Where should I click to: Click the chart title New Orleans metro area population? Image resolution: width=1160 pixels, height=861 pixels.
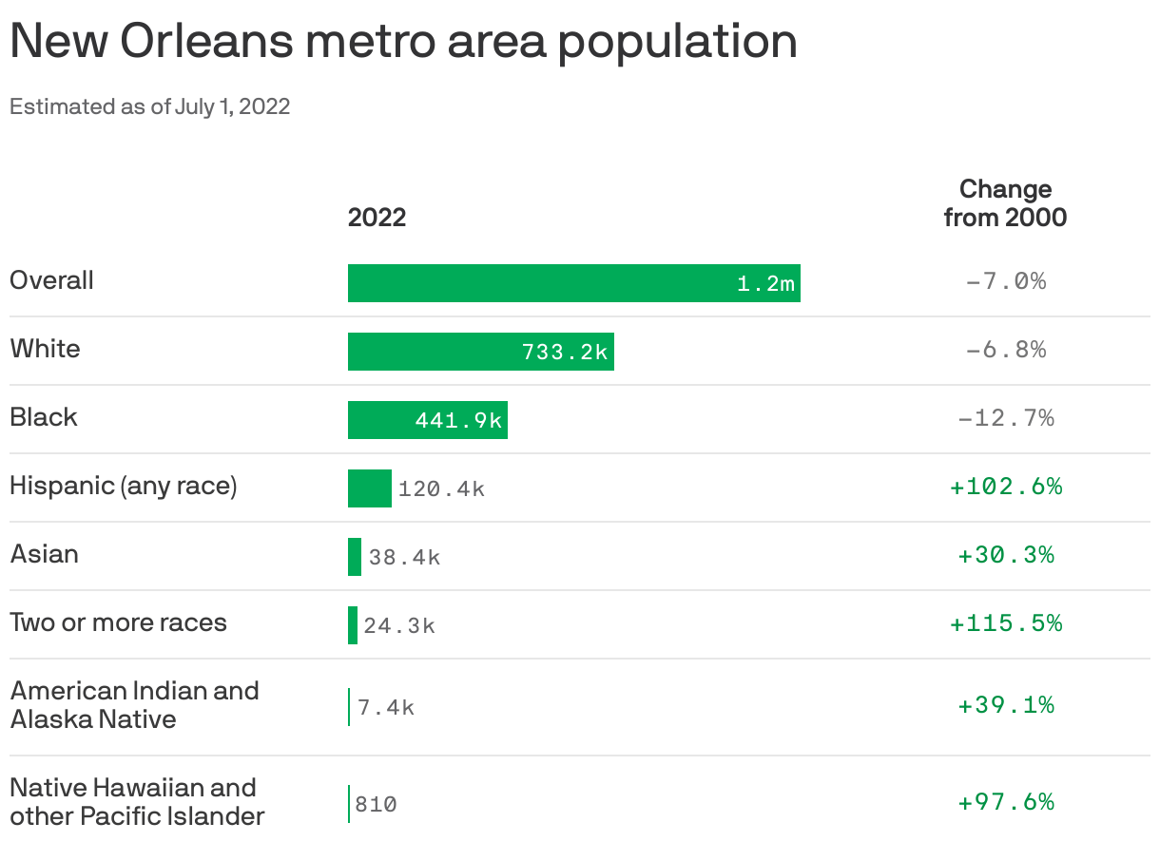(403, 42)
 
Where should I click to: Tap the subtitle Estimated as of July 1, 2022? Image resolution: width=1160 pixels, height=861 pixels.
(149, 106)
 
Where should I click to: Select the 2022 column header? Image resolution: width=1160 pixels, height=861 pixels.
(377, 218)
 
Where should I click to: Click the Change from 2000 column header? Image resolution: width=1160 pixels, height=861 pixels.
(1005, 203)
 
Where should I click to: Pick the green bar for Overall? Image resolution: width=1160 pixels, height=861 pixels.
(573, 283)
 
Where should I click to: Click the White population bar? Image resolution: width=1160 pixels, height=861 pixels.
(480, 352)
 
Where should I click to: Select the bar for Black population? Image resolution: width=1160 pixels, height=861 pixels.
(427, 420)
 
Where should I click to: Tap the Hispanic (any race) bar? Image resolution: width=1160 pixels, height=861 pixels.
(369, 488)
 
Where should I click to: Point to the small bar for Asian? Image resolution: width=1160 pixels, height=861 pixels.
(355, 557)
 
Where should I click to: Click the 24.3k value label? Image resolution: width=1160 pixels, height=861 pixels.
(399, 625)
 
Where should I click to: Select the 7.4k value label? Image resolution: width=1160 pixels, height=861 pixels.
(386, 708)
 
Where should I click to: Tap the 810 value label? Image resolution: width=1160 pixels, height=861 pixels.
(376, 805)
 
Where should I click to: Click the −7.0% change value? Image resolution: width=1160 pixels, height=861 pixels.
(1005, 281)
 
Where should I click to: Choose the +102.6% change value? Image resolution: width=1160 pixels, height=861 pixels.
(1005, 487)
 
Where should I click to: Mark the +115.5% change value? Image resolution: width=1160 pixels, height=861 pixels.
(1005, 623)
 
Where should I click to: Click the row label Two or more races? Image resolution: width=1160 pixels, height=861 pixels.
(118, 623)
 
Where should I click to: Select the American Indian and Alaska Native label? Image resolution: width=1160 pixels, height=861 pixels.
(133, 705)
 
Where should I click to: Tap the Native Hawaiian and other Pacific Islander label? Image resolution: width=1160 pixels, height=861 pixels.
(136, 802)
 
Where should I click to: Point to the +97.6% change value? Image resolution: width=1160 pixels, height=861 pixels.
(1005, 802)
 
